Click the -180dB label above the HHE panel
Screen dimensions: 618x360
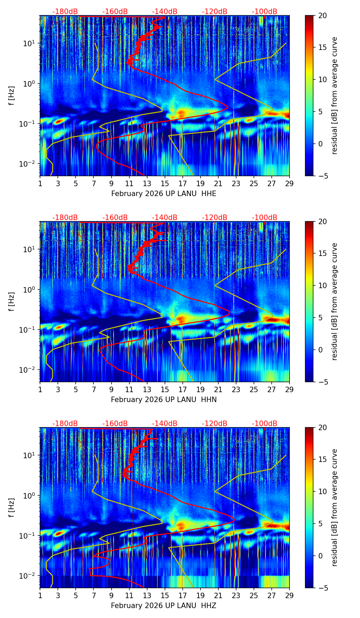(65, 12)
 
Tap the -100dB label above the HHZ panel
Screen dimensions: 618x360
(265, 424)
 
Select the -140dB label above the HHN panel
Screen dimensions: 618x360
(165, 218)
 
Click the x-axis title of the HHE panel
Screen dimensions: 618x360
(164, 194)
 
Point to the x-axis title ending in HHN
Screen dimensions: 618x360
(164, 400)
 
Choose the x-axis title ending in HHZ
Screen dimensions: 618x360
(164, 606)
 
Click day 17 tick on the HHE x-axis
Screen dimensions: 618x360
(183, 183)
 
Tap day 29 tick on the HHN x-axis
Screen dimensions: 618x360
(289, 389)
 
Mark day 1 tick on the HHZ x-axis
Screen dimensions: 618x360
(40, 595)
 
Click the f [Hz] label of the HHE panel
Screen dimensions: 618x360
(12, 96)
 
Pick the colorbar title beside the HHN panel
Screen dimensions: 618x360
(335, 301)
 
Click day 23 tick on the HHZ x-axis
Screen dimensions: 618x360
(236, 595)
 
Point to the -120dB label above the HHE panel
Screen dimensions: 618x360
(215, 12)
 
